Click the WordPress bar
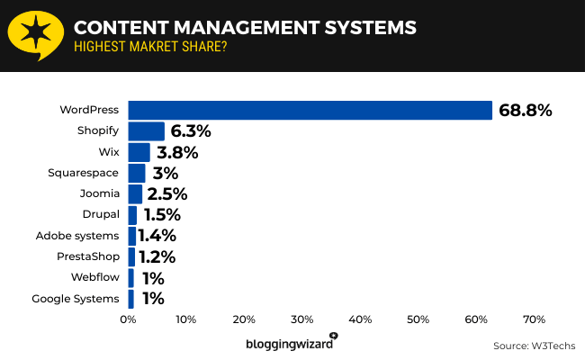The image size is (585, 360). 310,110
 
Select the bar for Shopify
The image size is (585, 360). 146,131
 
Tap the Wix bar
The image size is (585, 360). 139,152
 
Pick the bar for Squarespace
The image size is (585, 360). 137,173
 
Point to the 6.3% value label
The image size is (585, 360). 190,131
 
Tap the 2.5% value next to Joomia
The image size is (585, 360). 166,193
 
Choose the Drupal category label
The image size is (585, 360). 100,214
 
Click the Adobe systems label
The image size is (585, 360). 77,236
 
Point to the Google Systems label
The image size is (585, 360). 76,298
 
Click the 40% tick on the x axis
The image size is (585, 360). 360,319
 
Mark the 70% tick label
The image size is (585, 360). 535,319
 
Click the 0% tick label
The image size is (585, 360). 128,319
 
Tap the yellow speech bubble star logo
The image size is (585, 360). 33,35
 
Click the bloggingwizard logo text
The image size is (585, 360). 288,344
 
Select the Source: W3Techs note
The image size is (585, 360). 534,345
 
